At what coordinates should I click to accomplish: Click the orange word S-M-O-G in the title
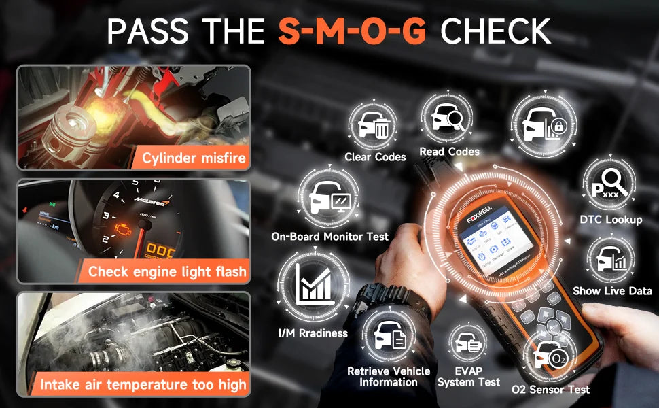[353, 31]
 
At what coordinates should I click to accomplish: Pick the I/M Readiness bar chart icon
[312, 284]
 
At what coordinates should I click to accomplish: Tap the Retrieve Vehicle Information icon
[388, 335]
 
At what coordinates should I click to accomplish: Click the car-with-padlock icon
[541, 122]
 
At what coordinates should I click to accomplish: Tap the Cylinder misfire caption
[194, 158]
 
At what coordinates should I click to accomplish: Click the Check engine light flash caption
[166, 272]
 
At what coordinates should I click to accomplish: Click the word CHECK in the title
[495, 31]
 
